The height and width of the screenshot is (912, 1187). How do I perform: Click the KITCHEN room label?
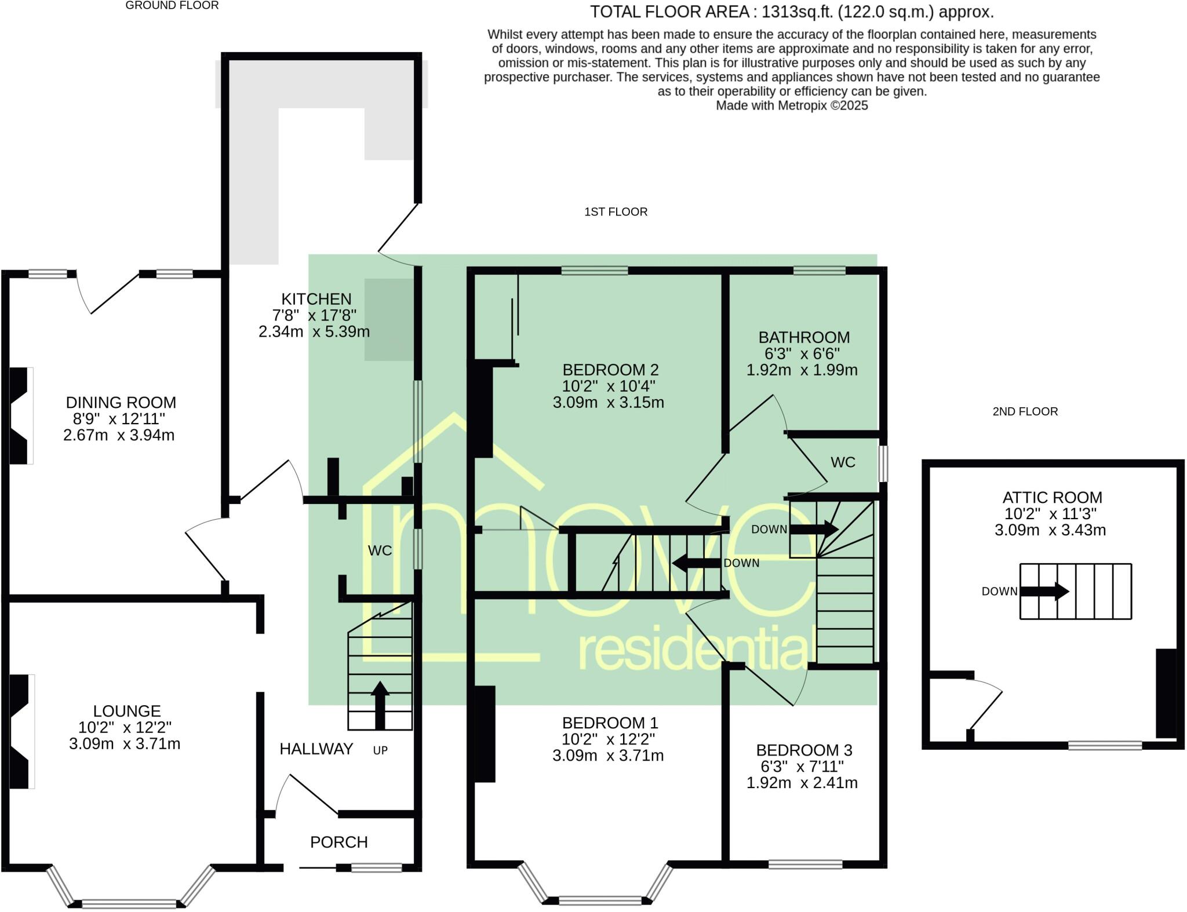pos(316,299)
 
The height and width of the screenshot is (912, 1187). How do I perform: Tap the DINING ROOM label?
pos(121,402)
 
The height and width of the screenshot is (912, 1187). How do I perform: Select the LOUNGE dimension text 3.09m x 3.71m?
pos(125,743)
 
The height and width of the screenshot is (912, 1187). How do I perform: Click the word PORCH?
pos(338,842)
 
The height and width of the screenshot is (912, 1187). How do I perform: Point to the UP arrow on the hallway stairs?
pos(380,705)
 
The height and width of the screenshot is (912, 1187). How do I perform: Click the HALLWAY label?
pos(316,749)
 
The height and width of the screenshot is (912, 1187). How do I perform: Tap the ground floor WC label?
pos(380,550)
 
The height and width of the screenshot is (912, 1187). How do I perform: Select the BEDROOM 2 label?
pos(610,370)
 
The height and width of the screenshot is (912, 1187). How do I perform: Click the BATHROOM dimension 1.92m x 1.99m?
pos(802,370)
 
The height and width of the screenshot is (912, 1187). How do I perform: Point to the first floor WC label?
pos(843,462)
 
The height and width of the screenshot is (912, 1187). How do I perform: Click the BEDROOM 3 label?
pos(804,750)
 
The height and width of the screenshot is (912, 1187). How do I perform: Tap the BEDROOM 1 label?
pos(610,723)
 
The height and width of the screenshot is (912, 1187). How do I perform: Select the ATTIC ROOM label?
pos(1052,497)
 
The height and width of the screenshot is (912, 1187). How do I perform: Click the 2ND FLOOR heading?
pos(1025,411)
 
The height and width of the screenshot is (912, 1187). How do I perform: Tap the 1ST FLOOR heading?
pos(616,212)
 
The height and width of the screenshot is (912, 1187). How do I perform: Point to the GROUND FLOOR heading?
pos(172,6)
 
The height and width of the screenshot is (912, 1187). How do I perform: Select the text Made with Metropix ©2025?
pos(792,105)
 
